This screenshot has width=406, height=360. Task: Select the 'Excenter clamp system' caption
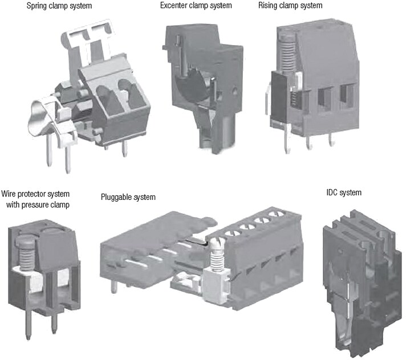point(196,6)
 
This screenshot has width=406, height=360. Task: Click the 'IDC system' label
point(339,193)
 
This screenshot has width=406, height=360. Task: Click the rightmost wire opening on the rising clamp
point(346,97)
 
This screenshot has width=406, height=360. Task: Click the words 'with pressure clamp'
point(38,204)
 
